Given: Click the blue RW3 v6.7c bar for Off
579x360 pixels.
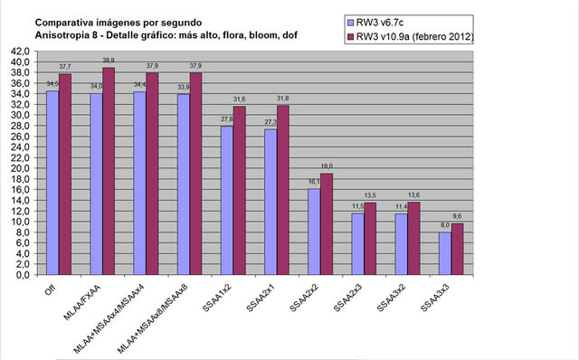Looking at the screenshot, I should coord(52,182).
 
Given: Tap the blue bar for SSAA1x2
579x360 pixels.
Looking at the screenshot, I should coord(226,200).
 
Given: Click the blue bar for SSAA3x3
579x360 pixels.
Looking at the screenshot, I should coord(443,253).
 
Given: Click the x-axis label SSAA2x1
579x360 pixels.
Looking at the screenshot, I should coord(262,299).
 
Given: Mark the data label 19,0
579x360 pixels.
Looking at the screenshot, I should coord(327,166).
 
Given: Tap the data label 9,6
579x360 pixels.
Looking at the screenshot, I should coord(457,217).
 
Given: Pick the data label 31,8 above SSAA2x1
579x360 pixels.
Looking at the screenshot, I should coord(284,98).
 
